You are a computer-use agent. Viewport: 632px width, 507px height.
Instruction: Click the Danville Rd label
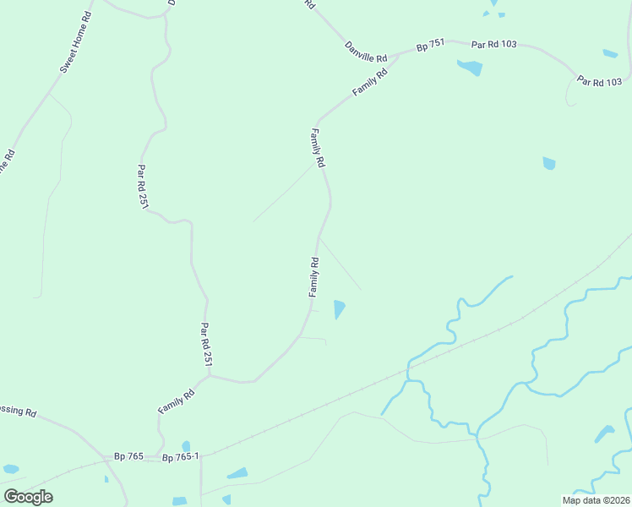pos(366,50)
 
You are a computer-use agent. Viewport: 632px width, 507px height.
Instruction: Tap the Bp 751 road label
pos(430,47)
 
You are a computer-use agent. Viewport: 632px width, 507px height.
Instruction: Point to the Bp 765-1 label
pos(180,457)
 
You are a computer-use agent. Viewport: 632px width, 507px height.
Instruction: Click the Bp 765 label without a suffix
pos(129,456)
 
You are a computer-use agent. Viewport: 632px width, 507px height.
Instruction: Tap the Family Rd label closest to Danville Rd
pos(370,82)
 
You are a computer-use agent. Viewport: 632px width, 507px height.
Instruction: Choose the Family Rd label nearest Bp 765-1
pos(177,401)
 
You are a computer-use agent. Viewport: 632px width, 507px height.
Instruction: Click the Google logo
pos(28,496)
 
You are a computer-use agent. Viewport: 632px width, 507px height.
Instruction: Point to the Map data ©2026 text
pos(596,500)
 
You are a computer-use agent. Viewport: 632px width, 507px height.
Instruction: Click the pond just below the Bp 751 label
pos(470,68)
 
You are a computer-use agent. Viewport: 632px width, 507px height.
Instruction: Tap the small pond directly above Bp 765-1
pos(186,445)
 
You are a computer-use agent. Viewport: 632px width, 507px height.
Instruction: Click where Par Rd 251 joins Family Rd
pos(210,376)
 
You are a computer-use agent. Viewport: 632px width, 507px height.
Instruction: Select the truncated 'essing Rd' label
pos(19,413)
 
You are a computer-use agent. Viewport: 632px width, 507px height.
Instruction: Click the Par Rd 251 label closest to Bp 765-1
pos(205,344)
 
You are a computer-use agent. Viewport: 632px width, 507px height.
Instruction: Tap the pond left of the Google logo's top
pos(11,468)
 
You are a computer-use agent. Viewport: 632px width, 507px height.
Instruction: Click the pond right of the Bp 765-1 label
pos(238,473)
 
